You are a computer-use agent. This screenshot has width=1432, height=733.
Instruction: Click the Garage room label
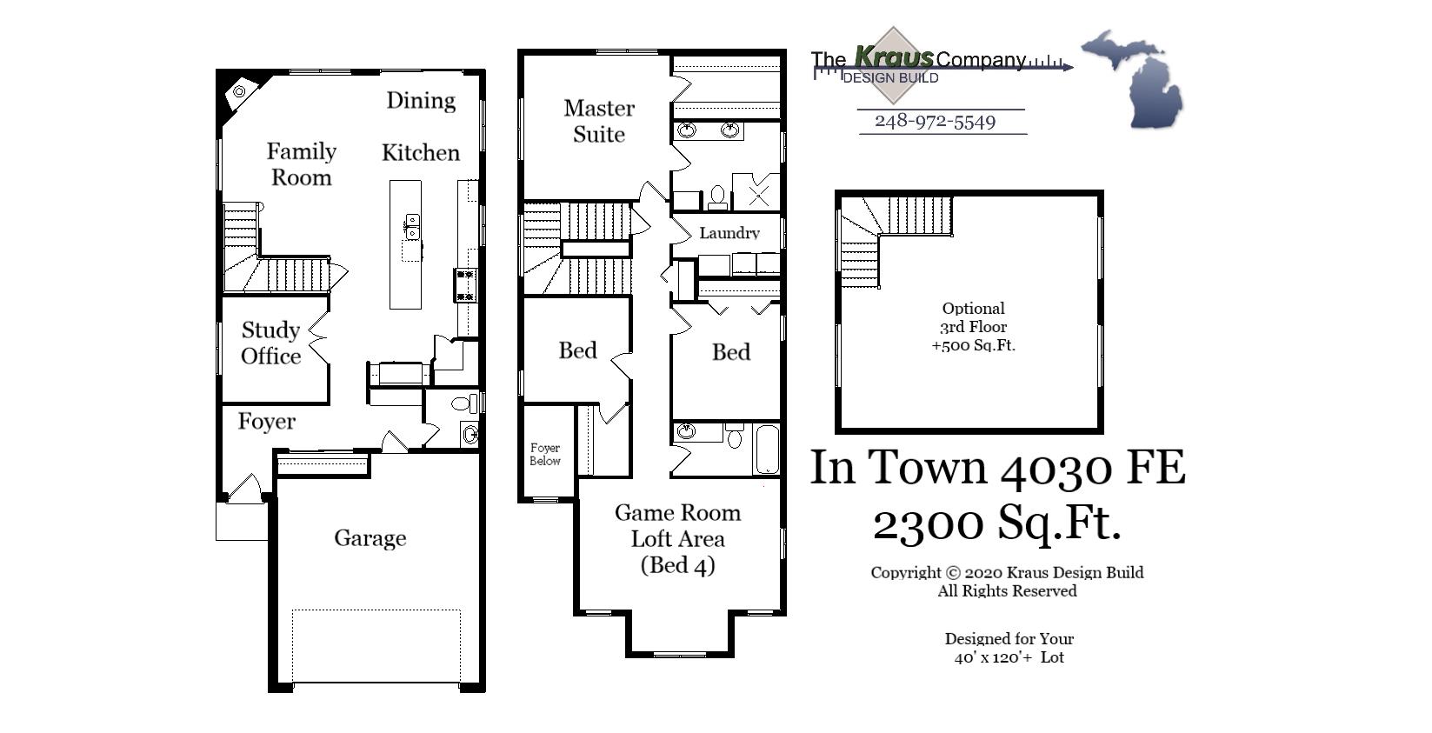(x=370, y=538)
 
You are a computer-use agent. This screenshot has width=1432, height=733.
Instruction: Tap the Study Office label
(x=270, y=343)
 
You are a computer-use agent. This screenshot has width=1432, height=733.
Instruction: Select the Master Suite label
(x=598, y=121)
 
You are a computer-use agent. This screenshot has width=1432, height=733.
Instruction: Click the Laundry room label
(x=729, y=233)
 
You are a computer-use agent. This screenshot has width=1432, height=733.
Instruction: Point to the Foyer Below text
(x=545, y=455)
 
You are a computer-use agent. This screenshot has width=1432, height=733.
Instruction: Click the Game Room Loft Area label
(x=677, y=538)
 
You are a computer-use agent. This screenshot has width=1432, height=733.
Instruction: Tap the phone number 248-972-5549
(x=935, y=122)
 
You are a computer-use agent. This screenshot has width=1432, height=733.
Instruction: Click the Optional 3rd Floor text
(x=973, y=327)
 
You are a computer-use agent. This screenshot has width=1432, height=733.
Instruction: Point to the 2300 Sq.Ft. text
(x=996, y=523)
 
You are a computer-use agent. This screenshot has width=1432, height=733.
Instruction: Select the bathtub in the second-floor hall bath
(x=767, y=449)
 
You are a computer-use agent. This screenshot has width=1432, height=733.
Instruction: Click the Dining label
(x=421, y=101)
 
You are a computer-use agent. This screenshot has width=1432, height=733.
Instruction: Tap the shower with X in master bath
(x=757, y=193)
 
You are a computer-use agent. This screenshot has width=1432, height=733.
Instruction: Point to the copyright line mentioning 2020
(x=1007, y=573)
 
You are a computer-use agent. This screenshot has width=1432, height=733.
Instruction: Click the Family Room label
(x=300, y=164)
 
